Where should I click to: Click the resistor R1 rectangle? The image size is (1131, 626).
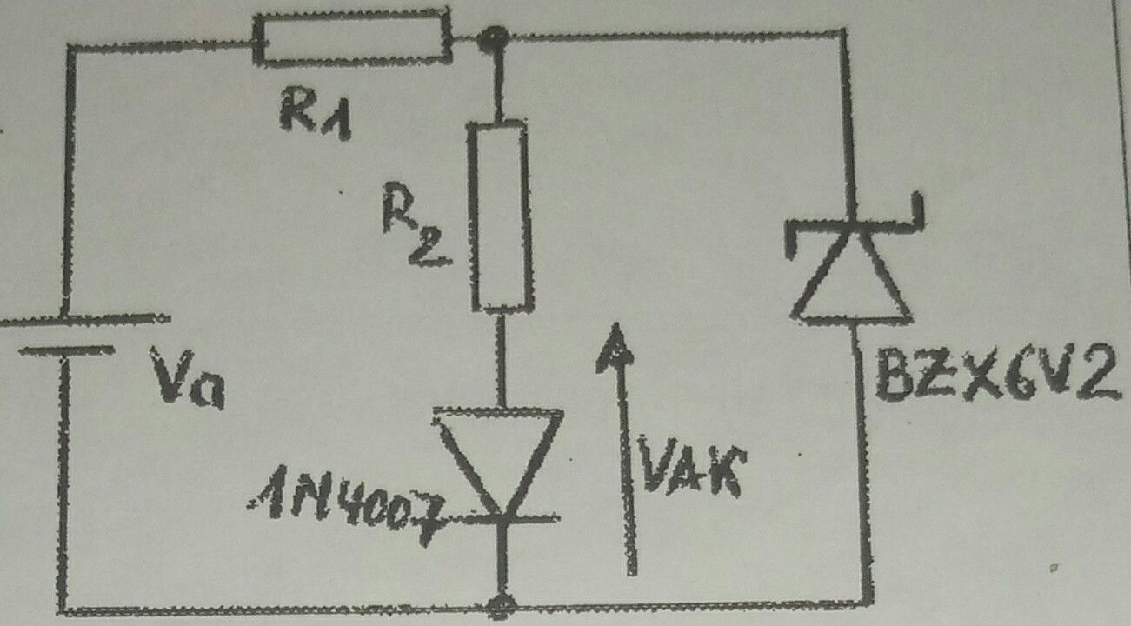click(x=352, y=37)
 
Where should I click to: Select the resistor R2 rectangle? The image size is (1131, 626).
click(x=501, y=216)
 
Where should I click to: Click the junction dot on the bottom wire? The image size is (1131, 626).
click(x=501, y=603)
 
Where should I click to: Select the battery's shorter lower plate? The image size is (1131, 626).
click(x=66, y=351)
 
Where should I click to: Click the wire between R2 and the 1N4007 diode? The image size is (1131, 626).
click(x=502, y=357)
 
